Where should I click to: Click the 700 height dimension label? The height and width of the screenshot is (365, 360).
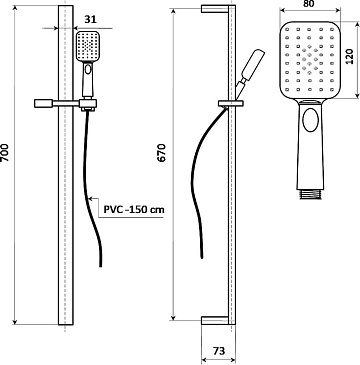(6, 153)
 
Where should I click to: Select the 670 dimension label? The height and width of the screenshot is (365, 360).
(161, 153)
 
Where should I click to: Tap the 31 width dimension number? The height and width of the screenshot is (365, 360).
(90, 20)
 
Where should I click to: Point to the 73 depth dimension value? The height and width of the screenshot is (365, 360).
(218, 351)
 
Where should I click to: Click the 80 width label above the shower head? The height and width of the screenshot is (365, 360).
(310, 4)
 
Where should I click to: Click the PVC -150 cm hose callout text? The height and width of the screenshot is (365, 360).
(134, 210)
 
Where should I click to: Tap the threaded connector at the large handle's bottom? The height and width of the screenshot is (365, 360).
(310, 194)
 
